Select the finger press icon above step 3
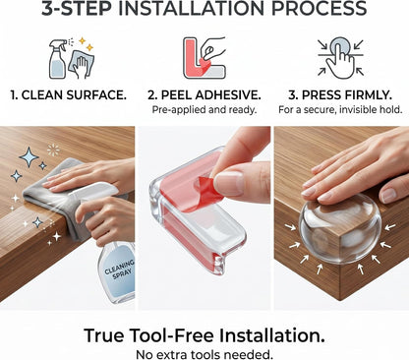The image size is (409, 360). tap(341, 58)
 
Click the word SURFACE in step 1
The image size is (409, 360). tap(96, 95)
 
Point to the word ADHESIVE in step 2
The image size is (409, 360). tap(228, 95)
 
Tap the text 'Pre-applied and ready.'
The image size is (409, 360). tap(204, 109)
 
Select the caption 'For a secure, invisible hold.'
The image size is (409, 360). tap(340, 109)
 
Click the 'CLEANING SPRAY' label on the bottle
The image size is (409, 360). tap(120, 270)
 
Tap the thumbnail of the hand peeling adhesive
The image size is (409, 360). tap(204, 218)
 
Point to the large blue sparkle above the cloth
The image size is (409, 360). tap(29, 157)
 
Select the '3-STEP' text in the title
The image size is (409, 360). tap(76, 9)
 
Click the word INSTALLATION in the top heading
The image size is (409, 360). tap(191, 9)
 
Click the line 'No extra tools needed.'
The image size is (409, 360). tap(204, 354)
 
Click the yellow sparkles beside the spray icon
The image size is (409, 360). tap(86, 44)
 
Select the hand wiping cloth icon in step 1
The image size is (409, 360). tap(81, 64)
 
